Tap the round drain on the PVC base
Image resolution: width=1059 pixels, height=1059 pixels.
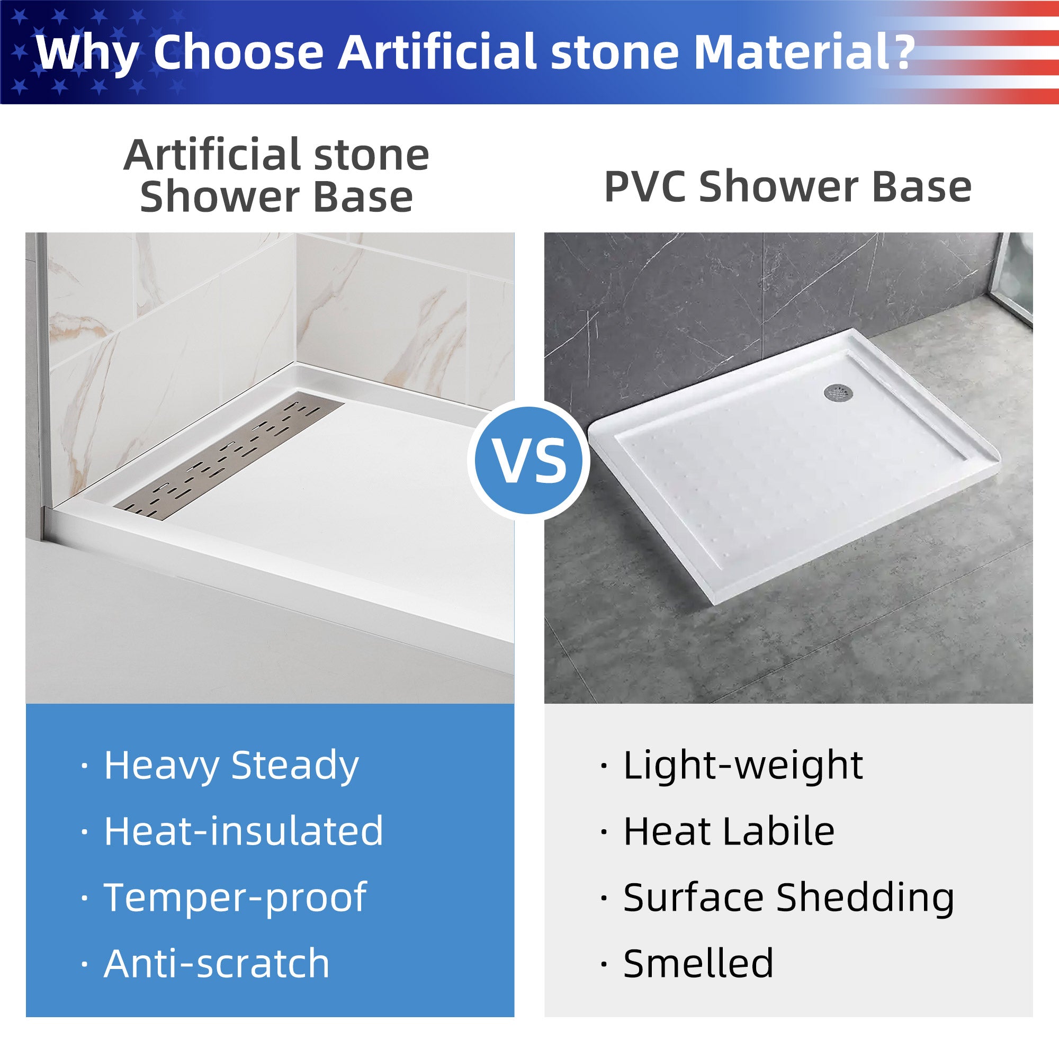point(838,391)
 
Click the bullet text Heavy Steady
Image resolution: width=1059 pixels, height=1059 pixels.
point(231,766)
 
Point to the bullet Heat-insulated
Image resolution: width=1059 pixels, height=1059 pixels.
point(244,831)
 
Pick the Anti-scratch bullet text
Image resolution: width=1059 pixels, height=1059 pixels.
point(217,964)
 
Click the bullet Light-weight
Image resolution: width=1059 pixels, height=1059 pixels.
point(743,766)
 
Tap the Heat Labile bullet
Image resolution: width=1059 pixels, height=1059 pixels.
point(729,831)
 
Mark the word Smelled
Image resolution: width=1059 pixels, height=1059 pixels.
point(698,964)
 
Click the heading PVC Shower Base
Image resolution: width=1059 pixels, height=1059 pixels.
point(788,187)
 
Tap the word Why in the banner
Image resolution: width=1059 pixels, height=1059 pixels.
point(87,53)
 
